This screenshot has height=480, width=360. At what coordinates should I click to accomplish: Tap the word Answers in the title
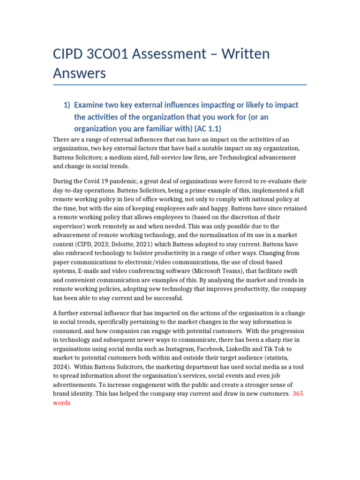(x=79, y=73)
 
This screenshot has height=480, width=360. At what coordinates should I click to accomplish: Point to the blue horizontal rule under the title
(x=180, y=85)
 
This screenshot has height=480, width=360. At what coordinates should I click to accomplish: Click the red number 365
(x=298, y=394)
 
